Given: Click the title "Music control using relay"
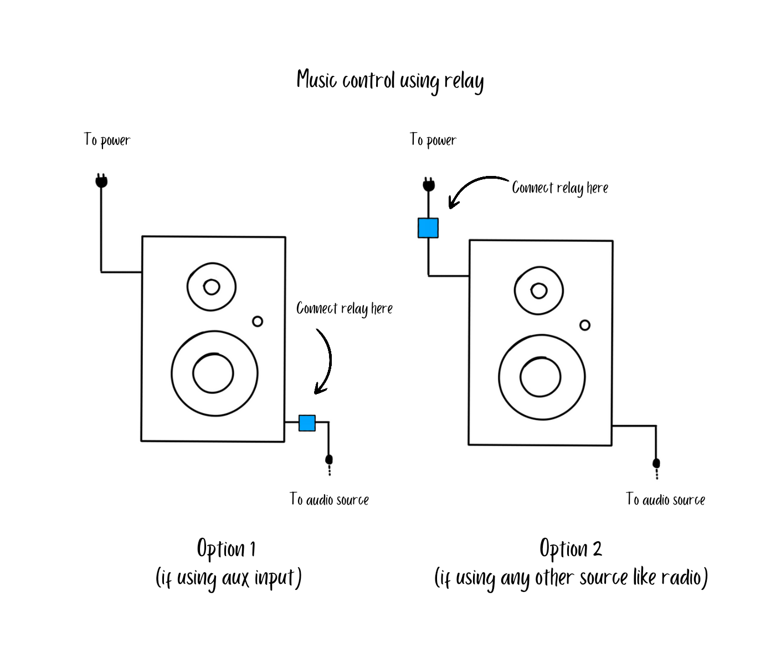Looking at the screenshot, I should (390, 81).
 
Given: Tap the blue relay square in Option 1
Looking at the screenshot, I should (307, 423).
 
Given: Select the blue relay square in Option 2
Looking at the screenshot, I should (428, 228).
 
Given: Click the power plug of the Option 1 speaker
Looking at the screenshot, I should (101, 181).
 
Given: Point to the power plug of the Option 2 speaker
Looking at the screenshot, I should (429, 184).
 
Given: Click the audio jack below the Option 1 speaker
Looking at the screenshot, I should (329, 460).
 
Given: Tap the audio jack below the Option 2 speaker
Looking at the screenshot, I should (656, 464).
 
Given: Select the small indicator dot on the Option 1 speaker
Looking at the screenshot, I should (258, 321).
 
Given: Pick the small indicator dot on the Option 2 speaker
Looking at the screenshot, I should (585, 325).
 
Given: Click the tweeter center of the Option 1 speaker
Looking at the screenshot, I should (212, 287).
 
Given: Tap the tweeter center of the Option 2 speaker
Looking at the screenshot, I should (539, 290).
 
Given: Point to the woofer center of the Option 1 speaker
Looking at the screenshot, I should (213, 373).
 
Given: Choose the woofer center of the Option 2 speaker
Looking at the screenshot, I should (541, 377).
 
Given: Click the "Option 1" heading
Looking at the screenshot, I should (226, 549).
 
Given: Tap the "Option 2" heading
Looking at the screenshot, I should (571, 549).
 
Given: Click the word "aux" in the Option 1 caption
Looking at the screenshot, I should (235, 579).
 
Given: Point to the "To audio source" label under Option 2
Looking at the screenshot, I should (665, 500).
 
